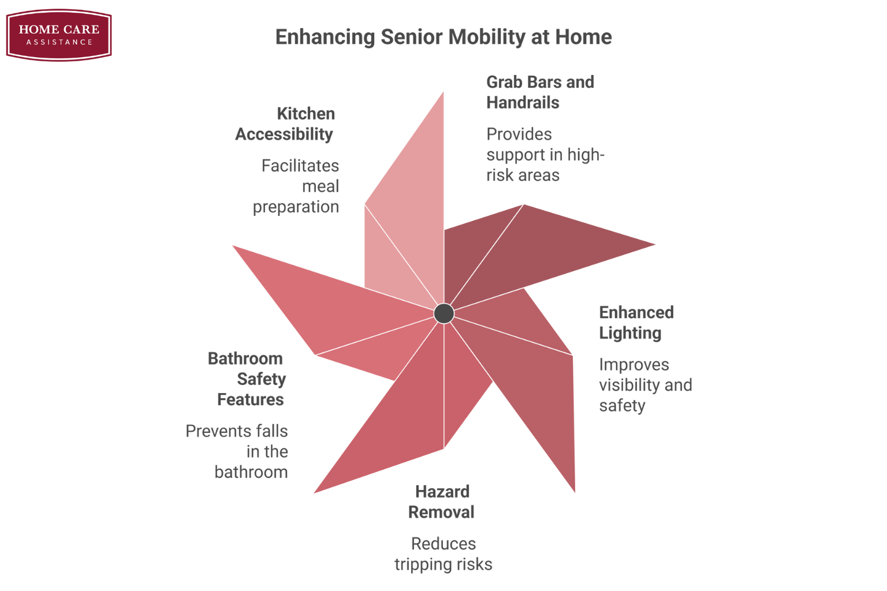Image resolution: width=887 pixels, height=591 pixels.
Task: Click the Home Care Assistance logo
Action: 59,35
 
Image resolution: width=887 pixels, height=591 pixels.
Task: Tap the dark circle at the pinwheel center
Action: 444,313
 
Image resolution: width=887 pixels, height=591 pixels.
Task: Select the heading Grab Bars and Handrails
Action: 540,92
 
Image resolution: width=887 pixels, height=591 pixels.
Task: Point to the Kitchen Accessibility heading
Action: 285,124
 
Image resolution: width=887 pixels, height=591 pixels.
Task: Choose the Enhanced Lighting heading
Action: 636,323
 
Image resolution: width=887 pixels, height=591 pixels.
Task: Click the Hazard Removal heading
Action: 442,502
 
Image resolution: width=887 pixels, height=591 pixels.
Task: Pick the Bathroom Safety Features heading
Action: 247,379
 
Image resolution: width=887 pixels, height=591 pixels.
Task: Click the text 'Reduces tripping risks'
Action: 443,554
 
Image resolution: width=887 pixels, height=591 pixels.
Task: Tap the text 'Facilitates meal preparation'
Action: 296,186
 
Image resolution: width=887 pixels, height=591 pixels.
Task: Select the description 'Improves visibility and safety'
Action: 646,385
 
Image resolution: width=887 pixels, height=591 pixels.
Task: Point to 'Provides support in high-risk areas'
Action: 545,154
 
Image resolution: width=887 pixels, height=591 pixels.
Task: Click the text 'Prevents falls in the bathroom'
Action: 237,451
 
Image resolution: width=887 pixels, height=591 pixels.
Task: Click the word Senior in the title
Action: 411,37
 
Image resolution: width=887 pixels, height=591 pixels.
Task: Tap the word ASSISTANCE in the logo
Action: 59,42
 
